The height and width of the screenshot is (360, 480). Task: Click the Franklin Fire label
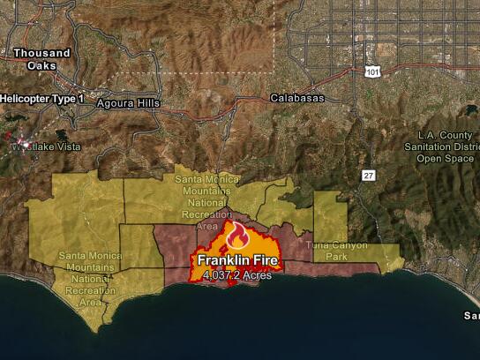[x=237, y=260]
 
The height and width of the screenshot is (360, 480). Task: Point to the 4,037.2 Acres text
[x=236, y=275]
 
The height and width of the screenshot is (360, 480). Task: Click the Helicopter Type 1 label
[x=42, y=99]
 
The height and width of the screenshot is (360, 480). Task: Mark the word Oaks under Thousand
[x=41, y=65]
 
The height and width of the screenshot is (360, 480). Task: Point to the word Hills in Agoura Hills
[x=147, y=103]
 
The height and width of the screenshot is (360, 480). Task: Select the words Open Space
[x=446, y=158]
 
